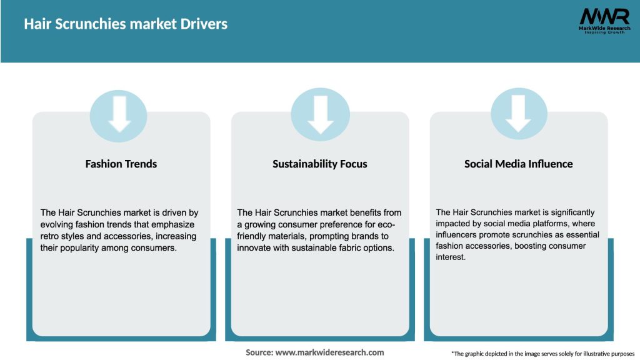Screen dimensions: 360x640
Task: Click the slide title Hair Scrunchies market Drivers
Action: (x=126, y=24)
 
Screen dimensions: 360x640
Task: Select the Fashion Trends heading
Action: (x=121, y=164)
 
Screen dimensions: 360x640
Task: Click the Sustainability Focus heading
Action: (x=320, y=164)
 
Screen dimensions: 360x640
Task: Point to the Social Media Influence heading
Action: (x=519, y=164)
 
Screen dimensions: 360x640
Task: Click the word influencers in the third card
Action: (x=459, y=235)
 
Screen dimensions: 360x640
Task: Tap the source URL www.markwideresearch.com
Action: (x=329, y=352)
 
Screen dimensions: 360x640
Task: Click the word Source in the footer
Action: (x=259, y=352)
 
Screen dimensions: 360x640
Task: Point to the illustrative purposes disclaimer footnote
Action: (x=542, y=354)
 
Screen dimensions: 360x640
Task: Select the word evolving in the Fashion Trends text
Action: (x=57, y=224)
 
